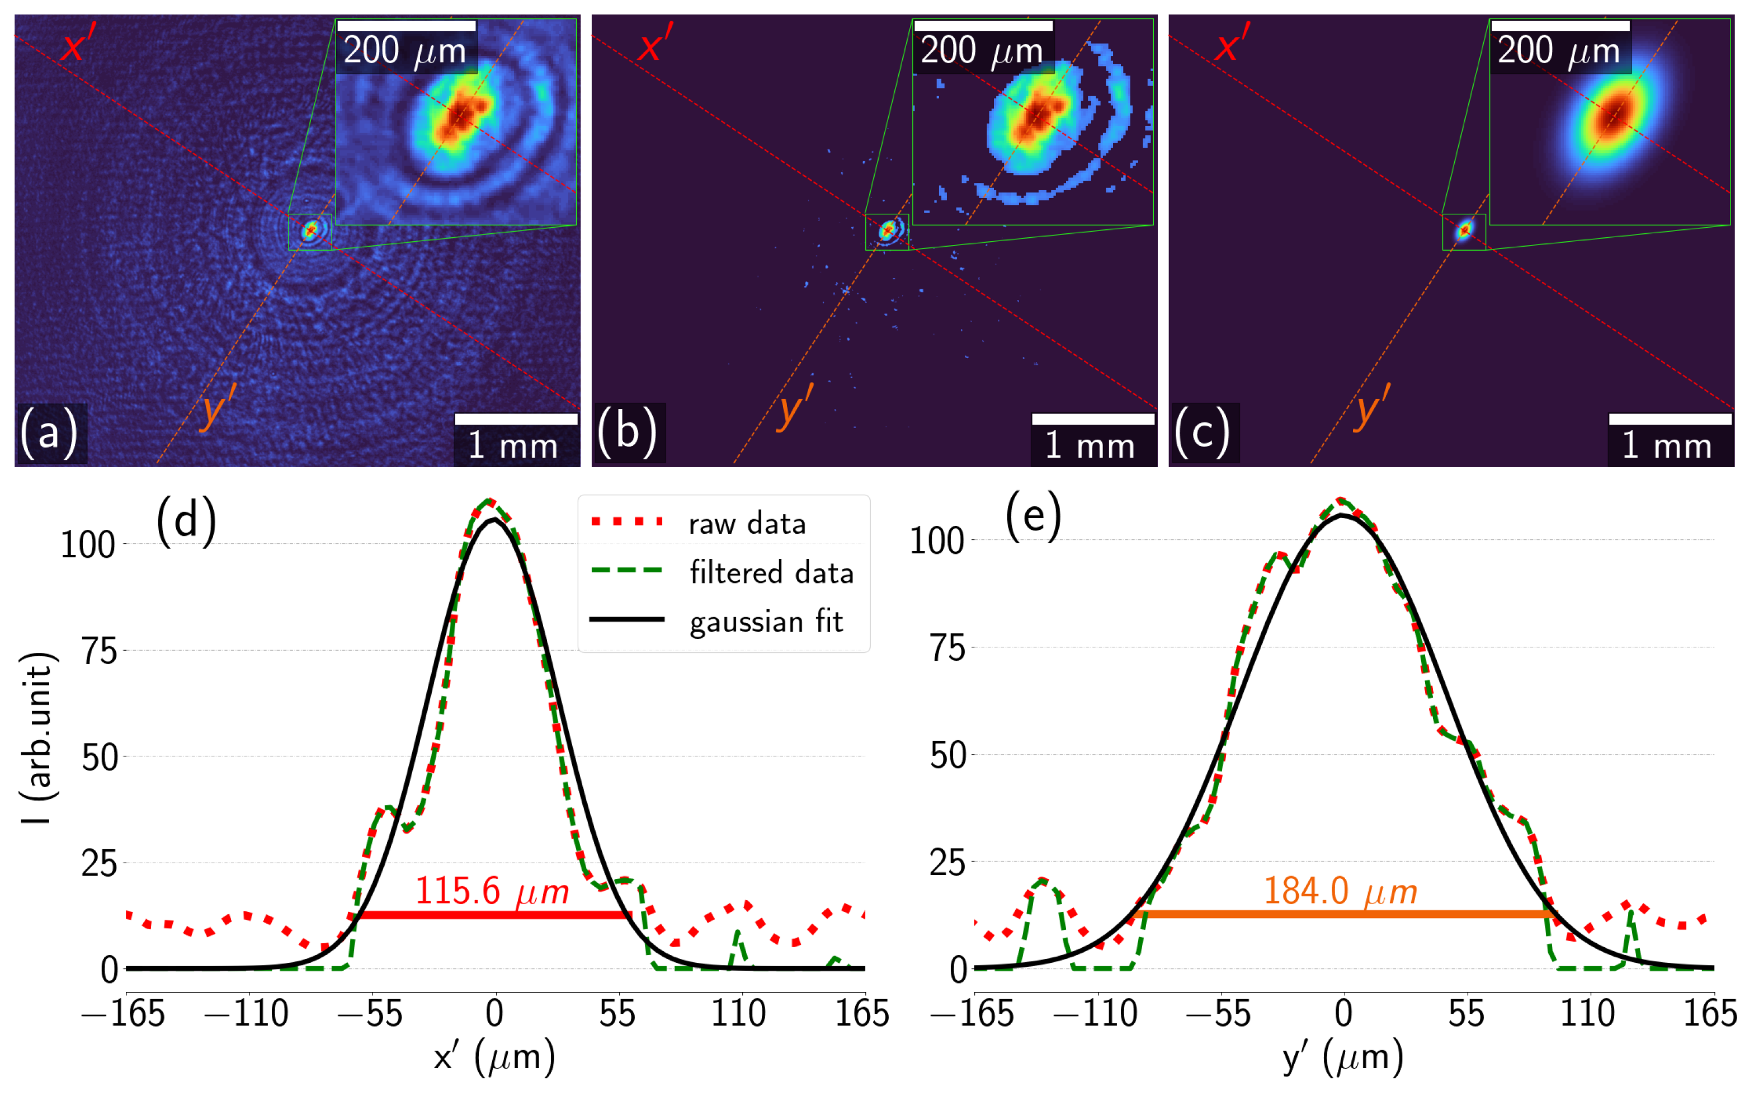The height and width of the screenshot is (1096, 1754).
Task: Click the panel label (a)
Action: coord(49,434)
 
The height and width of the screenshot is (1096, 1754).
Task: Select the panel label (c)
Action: coord(1203,434)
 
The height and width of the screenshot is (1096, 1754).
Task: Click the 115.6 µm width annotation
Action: coord(492,891)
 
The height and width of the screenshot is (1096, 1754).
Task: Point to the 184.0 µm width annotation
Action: coord(1340,891)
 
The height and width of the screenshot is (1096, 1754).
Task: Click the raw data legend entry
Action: coord(746,523)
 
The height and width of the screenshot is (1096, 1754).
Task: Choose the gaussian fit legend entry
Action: coord(766,621)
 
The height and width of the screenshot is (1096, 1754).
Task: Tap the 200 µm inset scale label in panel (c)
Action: coord(1558,51)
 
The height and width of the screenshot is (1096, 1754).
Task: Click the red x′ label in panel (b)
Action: coord(655,44)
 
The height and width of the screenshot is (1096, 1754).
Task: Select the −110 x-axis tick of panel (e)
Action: coord(1096,1013)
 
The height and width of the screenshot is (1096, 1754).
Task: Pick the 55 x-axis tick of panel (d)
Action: coord(617,1013)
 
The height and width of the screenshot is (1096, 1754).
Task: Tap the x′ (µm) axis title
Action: coord(495,1057)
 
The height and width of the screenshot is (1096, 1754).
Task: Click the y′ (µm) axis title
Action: coord(1342,1057)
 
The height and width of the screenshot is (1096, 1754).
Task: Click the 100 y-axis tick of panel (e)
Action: coord(936,541)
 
